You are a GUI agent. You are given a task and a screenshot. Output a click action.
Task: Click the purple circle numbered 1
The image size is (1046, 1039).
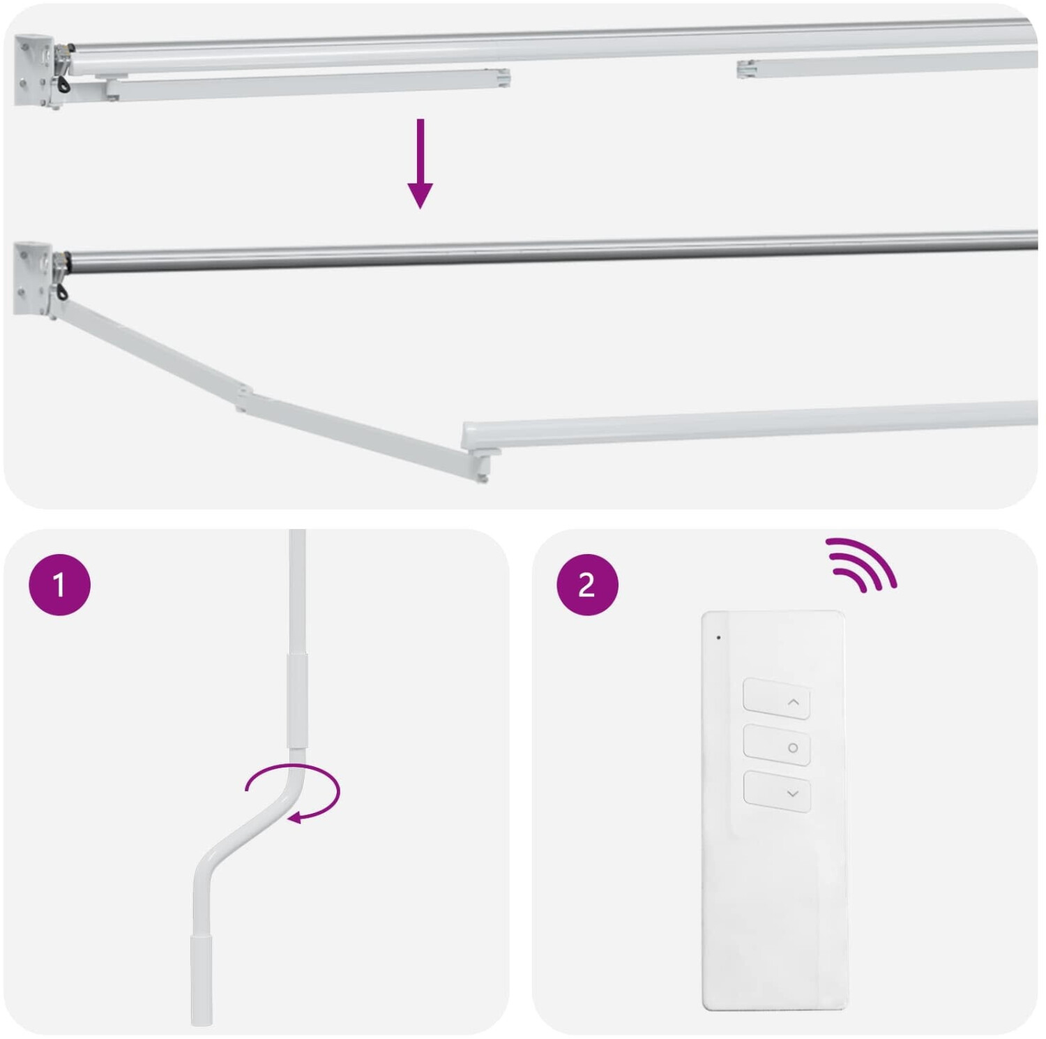[59, 585]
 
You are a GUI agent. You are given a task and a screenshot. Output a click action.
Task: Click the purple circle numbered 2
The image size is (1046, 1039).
[587, 585]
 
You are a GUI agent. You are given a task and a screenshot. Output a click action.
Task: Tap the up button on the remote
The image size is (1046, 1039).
[776, 698]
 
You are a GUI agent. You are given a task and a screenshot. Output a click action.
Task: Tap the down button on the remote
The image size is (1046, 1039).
[776, 791]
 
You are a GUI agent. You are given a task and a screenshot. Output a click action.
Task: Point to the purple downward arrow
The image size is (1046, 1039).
[420, 163]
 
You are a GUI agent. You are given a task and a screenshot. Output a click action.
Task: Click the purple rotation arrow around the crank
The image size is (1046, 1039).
[293, 793]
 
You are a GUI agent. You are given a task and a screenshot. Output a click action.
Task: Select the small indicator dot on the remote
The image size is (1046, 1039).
[718, 637]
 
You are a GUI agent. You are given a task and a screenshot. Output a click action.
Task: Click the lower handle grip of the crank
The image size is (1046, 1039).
[202, 980]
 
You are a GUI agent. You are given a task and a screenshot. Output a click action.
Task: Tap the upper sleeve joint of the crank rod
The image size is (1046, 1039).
[297, 701]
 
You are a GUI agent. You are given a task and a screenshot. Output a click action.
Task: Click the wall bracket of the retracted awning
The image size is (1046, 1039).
[33, 70]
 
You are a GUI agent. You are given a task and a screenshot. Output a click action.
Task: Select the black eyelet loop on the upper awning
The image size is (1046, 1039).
[64, 84]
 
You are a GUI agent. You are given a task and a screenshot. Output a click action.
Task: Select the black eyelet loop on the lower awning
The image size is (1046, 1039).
[64, 291]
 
